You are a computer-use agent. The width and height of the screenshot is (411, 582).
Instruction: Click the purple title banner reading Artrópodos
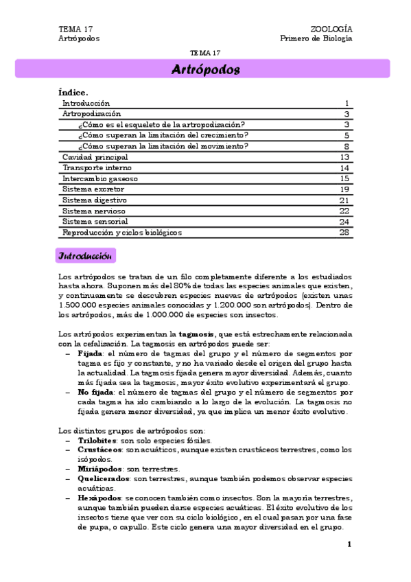click(x=204, y=69)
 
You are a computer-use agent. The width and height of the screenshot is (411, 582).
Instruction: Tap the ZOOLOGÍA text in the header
click(x=331, y=29)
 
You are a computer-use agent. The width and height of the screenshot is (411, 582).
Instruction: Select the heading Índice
click(x=74, y=91)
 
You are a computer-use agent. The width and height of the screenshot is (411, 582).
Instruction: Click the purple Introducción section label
click(x=86, y=256)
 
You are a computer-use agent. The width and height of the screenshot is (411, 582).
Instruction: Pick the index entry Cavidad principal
click(x=95, y=156)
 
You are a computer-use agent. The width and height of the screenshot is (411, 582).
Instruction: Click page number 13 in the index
click(x=345, y=156)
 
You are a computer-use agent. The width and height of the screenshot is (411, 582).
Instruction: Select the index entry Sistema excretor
click(x=91, y=189)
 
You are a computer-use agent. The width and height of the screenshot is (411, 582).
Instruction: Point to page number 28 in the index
click(x=345, y=233)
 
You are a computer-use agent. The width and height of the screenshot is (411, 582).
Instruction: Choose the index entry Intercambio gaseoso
click(x=99, y=178)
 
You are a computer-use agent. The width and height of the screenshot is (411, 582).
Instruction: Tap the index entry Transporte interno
click(x=97, y=167)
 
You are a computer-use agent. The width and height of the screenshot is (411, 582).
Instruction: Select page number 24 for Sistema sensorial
click(x=345, y=222)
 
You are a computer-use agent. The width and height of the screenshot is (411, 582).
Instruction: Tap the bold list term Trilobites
click(x=97, y=441)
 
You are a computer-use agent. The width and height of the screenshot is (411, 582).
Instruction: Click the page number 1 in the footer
click(x=349, y=544)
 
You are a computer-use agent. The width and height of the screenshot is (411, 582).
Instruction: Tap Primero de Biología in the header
click(x=316, y=38)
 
